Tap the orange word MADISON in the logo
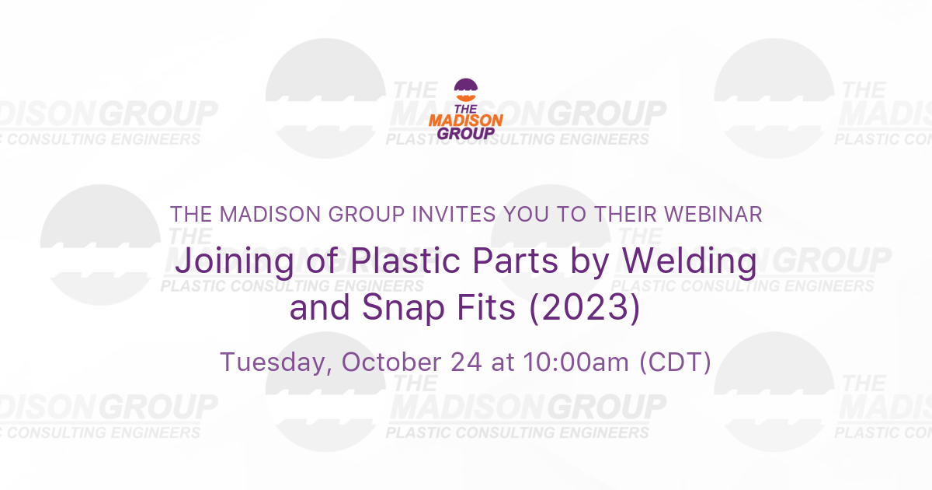(466, 121)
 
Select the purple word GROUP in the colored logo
(466, 133)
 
